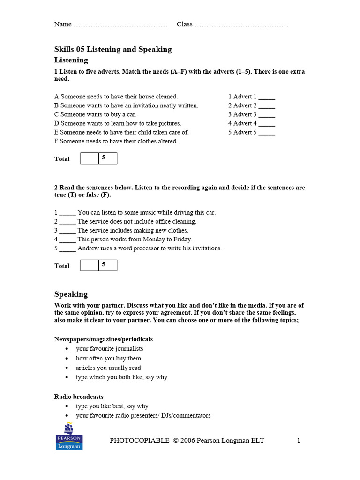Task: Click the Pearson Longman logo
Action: [x=69, y=436]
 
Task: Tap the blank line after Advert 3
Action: [x=266, y=115]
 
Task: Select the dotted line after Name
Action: [x=120, y=25]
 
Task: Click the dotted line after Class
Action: [x=241, y=25]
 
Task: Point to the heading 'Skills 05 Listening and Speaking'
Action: [x=113, y=49]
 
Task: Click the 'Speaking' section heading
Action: [x=71, y=294]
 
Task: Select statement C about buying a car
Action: [x=96, y=114]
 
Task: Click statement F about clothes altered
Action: [x=116, y=141]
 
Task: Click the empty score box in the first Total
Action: [x=90, y=158]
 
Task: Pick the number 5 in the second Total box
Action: [x=104, y=265]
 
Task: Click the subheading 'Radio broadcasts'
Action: [x=79, y=397]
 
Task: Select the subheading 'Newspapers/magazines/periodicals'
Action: [x=103, y=339]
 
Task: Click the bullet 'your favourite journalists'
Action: [x=109, y=349]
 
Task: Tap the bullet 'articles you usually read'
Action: [x=108, y=368]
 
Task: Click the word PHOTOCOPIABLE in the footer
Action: [x=139, y=440]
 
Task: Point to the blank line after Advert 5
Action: [x=266, y=133]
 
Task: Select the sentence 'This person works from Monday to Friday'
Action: [x=135, y=240]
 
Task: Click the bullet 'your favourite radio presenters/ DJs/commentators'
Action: [x=143, y=416]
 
